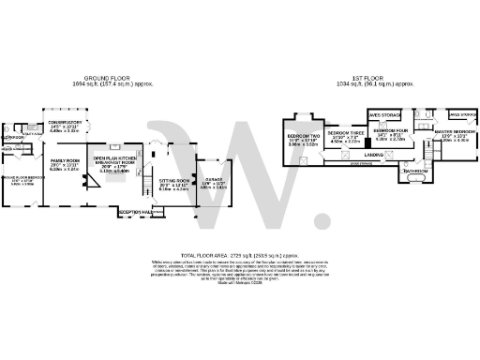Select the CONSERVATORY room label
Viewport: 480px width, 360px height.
pyautogui.click(x=66, y=123)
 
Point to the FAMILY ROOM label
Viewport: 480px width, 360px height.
pyautogui.click(x=65, y=161)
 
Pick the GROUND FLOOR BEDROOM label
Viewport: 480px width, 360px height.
pyautogui.click(x=22, y=177)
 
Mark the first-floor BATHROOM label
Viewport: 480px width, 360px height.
pyautogui.click(x=415, y=171)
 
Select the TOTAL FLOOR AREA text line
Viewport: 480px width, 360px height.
pyautogui.click(x=239, y=255)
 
